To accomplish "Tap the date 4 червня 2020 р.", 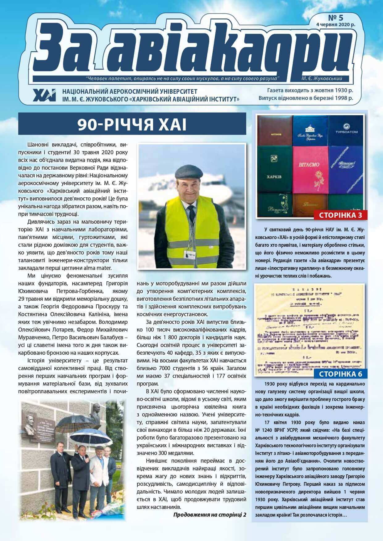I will click(335, 25).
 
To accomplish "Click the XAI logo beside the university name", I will click(44, 95).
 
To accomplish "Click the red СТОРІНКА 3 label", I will click(340, 215).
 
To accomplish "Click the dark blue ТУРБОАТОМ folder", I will click(346, 130).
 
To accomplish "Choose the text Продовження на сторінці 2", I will click(210, 514).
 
